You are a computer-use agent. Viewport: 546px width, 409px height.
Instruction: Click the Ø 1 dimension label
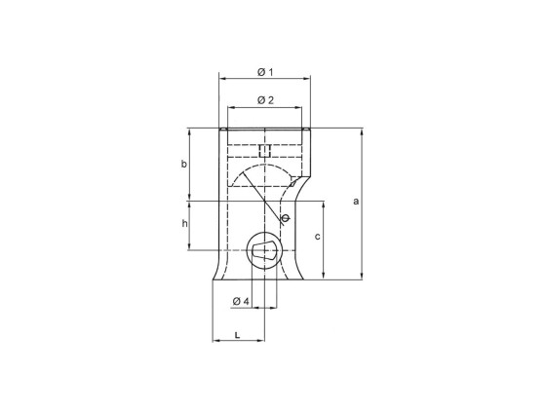pos(264,73)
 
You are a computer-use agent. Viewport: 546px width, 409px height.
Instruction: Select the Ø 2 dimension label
pos(264,100)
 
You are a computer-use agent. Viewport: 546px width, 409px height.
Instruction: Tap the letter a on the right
pos(356,202)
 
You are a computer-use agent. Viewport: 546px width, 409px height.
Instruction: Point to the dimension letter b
pos(183,165)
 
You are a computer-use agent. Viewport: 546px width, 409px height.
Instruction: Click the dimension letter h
pos(183,224)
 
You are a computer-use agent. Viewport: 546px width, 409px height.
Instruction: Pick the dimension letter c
pos(318,237)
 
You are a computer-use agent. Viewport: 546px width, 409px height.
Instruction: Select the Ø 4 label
pos(241,301)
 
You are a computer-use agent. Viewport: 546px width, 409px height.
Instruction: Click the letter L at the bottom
pos(238,334)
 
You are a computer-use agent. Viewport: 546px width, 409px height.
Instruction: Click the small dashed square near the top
pos(264,149)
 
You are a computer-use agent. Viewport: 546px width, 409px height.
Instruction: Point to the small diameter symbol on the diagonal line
pos(284,219)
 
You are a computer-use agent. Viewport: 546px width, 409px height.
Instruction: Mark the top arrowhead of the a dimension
pos(362,130)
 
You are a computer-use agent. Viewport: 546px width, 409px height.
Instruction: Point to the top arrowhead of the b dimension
pos(189,130)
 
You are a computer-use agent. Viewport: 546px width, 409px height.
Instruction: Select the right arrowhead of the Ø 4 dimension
pos(274,308)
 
